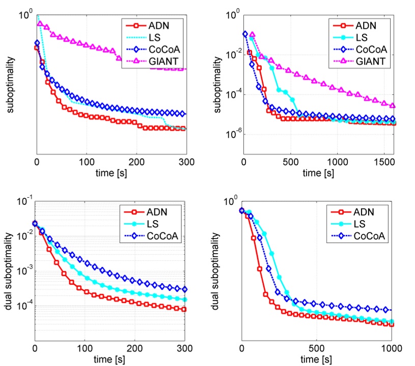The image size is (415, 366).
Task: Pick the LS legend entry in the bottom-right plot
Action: pos(362,223)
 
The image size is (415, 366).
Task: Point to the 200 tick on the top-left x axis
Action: pos(136,163)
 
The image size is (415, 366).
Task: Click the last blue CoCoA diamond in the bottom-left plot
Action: pos(184,289)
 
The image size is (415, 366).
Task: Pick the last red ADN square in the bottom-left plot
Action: pos(184,309)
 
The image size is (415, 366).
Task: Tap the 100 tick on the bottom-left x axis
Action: pos(85,347)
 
